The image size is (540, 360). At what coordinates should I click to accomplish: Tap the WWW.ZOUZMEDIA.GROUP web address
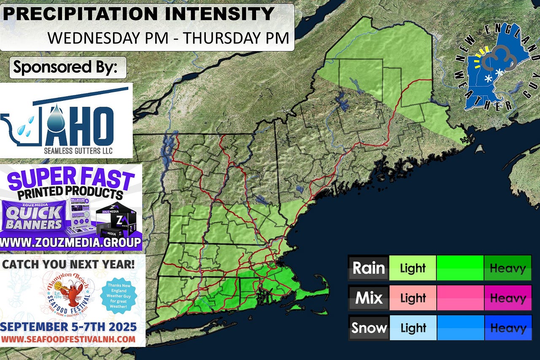pyautogui.click(x=71, y=243)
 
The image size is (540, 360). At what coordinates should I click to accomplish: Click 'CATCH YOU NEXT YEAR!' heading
pyautogui.click(x=69, y=265)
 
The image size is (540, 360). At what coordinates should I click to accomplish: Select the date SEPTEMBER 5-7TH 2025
pyautogui.click(x=68, y=326)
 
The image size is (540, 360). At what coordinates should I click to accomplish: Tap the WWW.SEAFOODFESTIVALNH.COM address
pyautogui.click(x=68, y=339)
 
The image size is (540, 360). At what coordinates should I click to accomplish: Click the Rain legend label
pyautogui.click(x=368, y=268)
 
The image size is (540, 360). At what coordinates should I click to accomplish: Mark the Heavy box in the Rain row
pyautogui.click(x=508, y=268)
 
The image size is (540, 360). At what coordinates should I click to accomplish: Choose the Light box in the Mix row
pyautogui.click(x=413, y=298)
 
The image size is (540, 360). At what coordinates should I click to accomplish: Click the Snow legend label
pyautogui.click(x=368, y=328)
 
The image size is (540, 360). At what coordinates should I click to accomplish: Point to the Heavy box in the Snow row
pyautogui.click(x=508, y=328)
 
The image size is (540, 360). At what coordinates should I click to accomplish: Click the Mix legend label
pyautogui.click(x=368, y=298)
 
